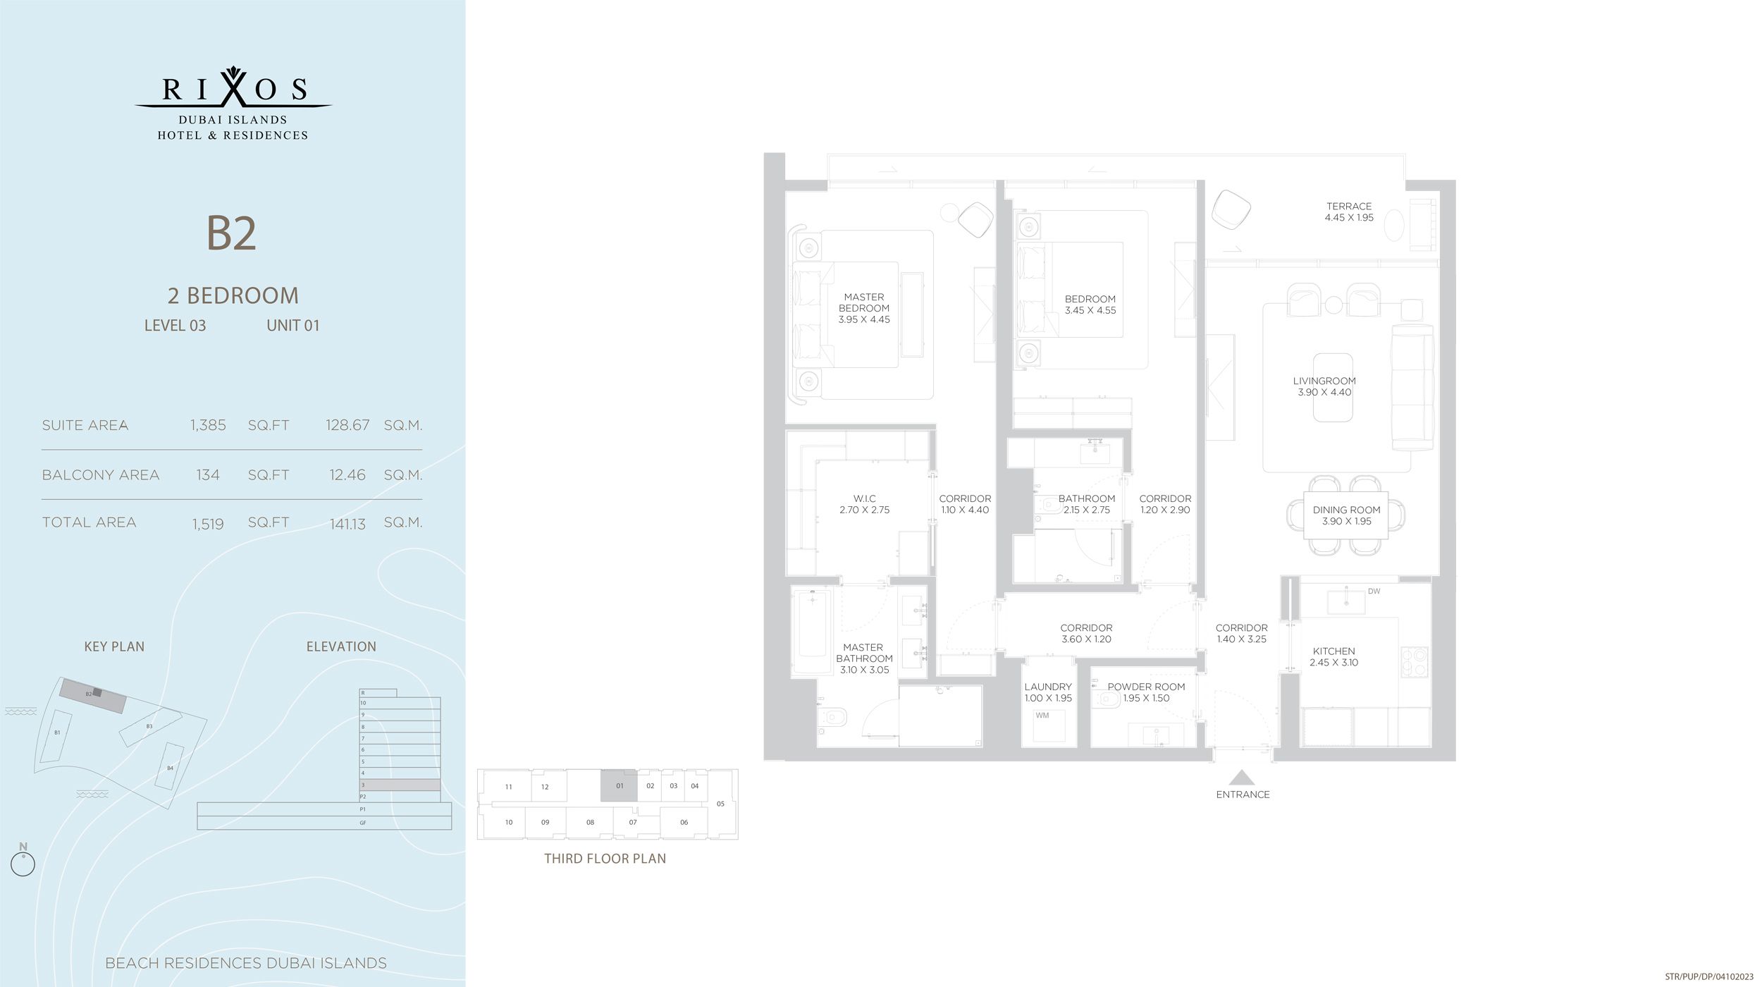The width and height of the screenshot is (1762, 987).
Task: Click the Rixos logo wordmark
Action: click(x=233, y=90)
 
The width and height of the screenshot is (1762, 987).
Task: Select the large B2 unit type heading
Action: click(x=231, y=233)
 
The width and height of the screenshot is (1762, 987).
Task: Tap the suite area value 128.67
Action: click(x=347, y=425)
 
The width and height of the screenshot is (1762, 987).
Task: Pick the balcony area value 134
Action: click(x=208, y=475)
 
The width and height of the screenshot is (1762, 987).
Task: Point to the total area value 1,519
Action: click(x=208, y=524)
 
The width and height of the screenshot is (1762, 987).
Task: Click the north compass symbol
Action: click(x=23, y=863)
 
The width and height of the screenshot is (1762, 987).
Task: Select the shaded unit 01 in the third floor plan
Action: click(x=619, y=785)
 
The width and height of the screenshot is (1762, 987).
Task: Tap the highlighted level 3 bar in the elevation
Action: click(x=400, y=785)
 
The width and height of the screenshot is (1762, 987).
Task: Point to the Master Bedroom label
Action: click(x=864, y=302)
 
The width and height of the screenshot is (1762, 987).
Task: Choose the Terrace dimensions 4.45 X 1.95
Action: click(x=1349, y=218)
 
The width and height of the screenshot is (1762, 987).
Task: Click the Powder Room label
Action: click(x=1146, y=687)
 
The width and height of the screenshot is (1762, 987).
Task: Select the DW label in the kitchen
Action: click(x=1374, y=591)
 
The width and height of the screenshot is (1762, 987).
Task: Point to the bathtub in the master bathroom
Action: click(x=811, y=632)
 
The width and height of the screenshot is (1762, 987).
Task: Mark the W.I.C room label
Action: click(x=865, y=498)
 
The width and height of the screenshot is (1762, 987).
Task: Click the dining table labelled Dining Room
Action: click(x=1346, y=515)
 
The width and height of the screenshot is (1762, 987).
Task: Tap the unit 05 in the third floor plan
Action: click(x=720, y=804)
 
